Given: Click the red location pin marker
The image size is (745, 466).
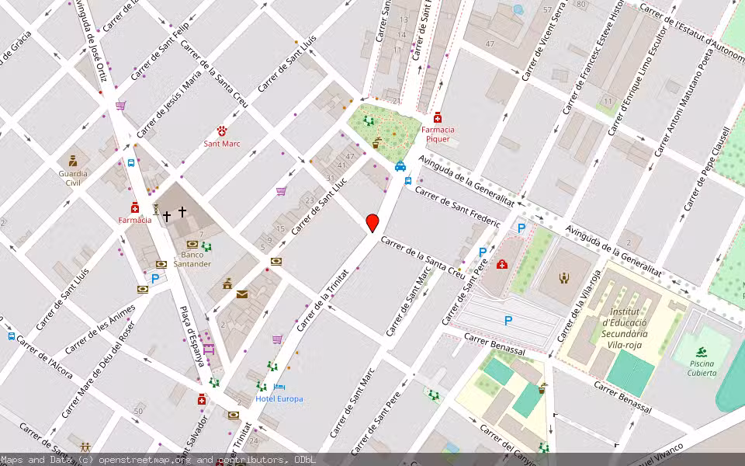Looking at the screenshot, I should coord(372,223).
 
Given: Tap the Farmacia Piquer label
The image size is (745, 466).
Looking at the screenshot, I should coord(438,134).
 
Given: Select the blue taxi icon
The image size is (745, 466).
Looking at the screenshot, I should coord(400,165).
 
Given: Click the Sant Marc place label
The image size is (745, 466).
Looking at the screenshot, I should coord(222,144).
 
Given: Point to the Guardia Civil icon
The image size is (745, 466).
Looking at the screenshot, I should coord(73,161).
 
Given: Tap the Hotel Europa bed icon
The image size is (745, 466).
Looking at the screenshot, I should coord(279,387).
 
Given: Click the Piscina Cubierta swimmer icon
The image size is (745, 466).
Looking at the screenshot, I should coord(702,352).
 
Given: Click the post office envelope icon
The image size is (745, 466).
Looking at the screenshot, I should coord(242,294).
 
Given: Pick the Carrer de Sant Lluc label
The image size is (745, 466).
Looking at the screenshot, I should coord(319,205).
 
